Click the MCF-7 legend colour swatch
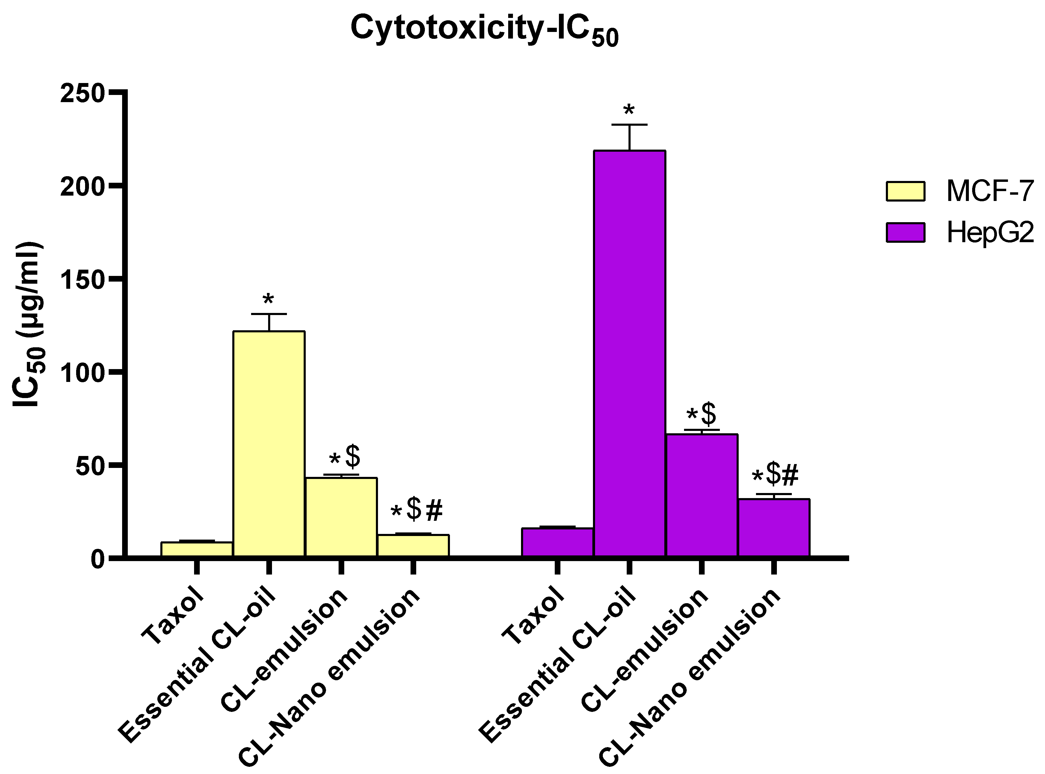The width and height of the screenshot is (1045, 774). [x=905, y=191]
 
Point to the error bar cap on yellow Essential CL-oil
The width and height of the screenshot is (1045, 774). [x=269, y=314]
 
